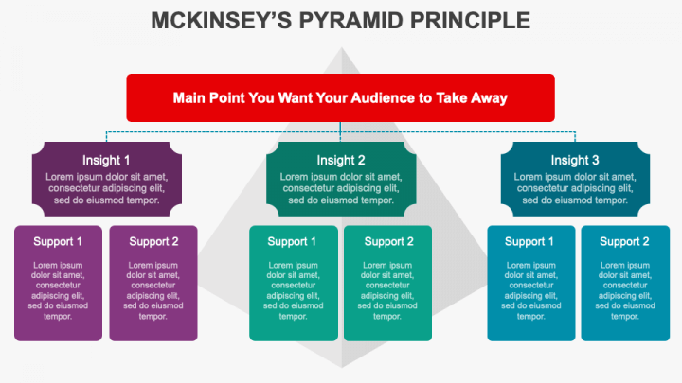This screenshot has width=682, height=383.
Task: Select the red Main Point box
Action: [340, 97]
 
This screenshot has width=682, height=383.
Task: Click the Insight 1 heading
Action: [106, 160]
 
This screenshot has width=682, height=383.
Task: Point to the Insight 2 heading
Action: [341, 160]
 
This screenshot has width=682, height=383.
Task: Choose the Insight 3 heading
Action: [575, 160]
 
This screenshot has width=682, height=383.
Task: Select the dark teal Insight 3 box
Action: [575, 180]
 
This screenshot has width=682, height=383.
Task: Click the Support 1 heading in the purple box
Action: [58, 241]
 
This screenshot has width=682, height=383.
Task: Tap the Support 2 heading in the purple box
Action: [153, 241]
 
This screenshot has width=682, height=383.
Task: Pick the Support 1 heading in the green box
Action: [293, 241]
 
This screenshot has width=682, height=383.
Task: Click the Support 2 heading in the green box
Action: [388, 241]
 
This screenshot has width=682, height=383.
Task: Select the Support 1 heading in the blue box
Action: [529, 241]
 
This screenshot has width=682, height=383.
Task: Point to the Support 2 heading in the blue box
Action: [624, 241]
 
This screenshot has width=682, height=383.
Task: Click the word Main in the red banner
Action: [190, 97]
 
